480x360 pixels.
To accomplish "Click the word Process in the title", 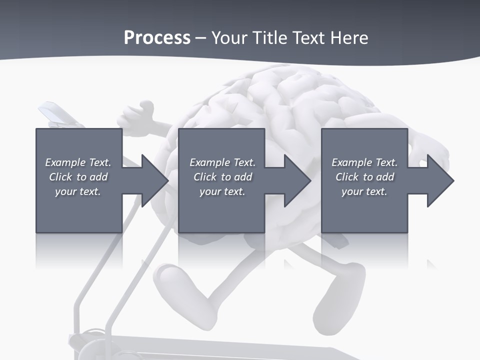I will [157, 38].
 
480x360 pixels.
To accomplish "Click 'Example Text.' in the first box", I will [78, 162].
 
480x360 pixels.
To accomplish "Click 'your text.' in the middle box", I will [222, 191].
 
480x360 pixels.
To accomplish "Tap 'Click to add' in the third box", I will [364, 177].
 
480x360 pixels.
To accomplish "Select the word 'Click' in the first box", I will [60, 177].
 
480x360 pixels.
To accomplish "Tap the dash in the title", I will [200, 38].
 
